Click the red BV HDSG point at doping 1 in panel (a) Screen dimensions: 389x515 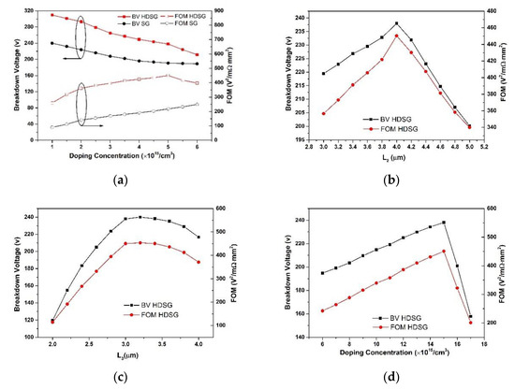51,15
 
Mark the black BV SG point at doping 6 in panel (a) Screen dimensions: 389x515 198,64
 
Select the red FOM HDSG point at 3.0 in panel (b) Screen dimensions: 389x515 323,113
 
